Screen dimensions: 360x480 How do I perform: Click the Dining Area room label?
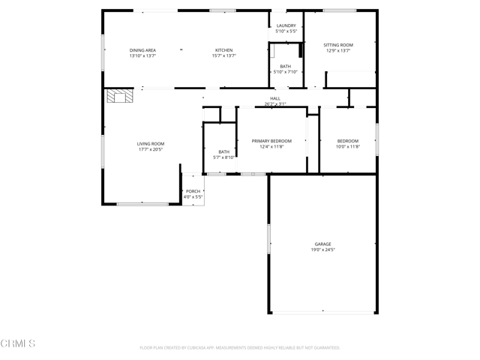142,50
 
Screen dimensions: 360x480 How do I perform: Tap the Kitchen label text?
223,50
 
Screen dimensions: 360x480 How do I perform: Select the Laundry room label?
286,25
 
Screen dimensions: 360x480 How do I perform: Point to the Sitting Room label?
337,45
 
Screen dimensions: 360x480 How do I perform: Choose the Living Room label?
150,143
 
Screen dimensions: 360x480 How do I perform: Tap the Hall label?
275,98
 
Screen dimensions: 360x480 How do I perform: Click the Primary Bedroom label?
271,141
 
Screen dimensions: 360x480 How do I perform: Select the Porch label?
193,191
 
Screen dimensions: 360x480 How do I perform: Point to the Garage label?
322,244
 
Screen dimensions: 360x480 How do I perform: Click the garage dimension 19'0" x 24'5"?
322,250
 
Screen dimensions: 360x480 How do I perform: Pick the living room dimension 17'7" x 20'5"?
150,149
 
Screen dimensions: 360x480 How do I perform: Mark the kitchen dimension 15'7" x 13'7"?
223,56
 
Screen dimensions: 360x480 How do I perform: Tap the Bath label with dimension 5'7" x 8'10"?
224,151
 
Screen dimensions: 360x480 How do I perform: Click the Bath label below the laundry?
286,66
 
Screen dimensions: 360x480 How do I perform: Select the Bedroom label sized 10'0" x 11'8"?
347,141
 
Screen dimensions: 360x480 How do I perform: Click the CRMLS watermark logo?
18,343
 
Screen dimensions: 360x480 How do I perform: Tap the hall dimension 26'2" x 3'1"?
275,104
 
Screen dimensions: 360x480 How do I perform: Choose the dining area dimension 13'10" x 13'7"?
142,56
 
